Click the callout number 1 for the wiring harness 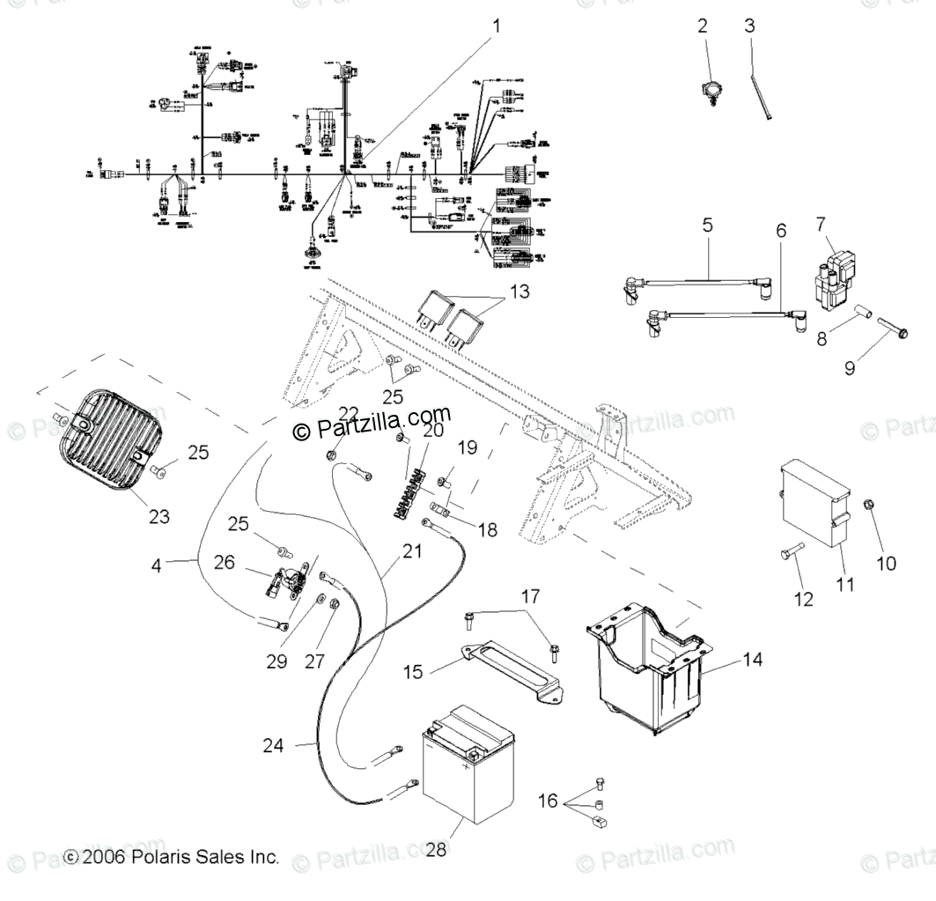(495, 26)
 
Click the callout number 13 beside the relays (520, 291)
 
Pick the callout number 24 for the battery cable (274, 746)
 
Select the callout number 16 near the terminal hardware (549, 801)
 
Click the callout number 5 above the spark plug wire (707, 225)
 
